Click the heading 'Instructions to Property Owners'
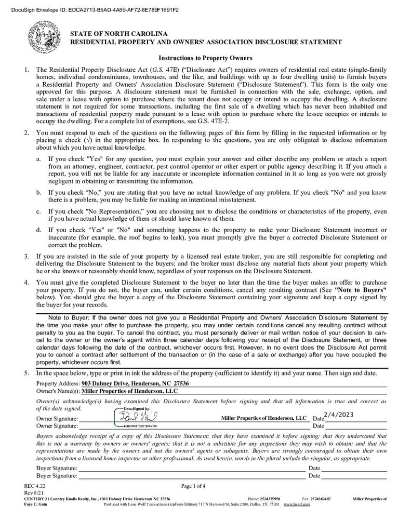click(205, 58)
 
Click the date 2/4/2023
click(338, 414)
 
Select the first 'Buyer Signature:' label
click(57, 468)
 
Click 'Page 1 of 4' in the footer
click(193, 486)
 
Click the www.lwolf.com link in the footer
click(297, 504)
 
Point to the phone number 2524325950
click(271, 499)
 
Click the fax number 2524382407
click(321, 499)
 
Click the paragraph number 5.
click(26, 374)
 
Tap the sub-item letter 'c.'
click(39, 211)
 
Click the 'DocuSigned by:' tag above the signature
click(136, 408)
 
